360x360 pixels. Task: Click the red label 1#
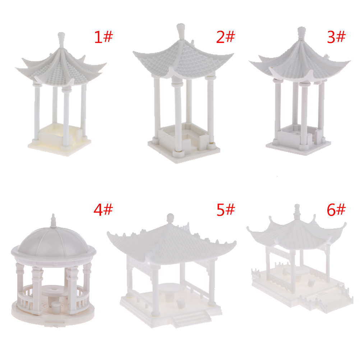(103, 37)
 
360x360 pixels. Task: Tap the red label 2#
(226, 37)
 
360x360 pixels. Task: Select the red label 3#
(336, 37)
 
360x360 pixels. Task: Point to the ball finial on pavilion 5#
(170, 218)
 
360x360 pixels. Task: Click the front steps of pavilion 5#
(191, 317)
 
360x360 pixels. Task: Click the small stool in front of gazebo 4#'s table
(56, 307)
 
